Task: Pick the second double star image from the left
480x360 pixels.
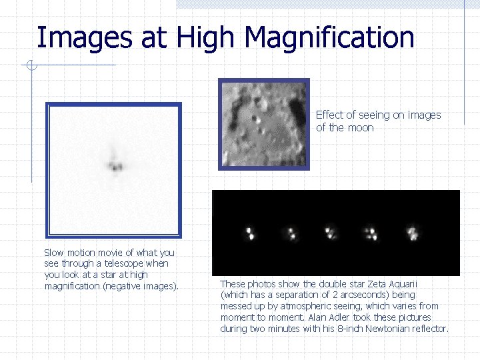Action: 291,233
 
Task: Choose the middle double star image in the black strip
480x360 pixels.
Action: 330,233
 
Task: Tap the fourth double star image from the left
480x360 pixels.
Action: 371,233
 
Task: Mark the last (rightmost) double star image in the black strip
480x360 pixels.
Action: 413,233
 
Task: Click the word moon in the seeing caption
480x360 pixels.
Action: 360,127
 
